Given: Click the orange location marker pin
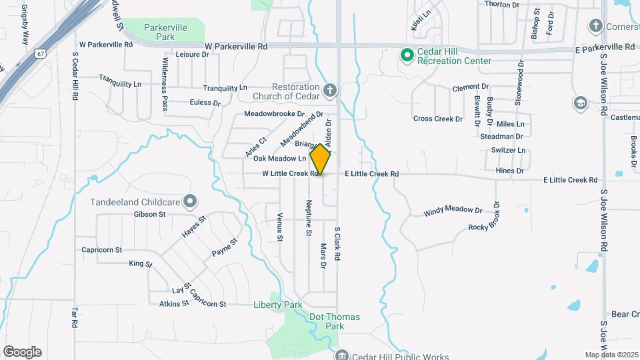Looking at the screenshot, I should (x=321, y=159).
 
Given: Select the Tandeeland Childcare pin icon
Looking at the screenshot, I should (x=190, y=201).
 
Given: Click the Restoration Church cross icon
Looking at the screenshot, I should (x=329, y=90).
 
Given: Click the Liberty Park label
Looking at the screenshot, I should (x=278, y=305).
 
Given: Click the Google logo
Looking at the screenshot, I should (x=22, y=352).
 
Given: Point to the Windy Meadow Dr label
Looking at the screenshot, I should (x=453, y=211).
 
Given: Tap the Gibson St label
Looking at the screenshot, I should (x=149, y=214).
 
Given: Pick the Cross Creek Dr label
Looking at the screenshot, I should (x=437, y=119).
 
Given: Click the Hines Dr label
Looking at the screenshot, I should (x=510, y=171).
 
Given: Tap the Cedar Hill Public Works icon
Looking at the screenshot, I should (x=342, y=354).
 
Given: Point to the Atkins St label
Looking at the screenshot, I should (x=174, y=304).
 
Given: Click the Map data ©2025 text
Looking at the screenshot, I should (x=611, y=354).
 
